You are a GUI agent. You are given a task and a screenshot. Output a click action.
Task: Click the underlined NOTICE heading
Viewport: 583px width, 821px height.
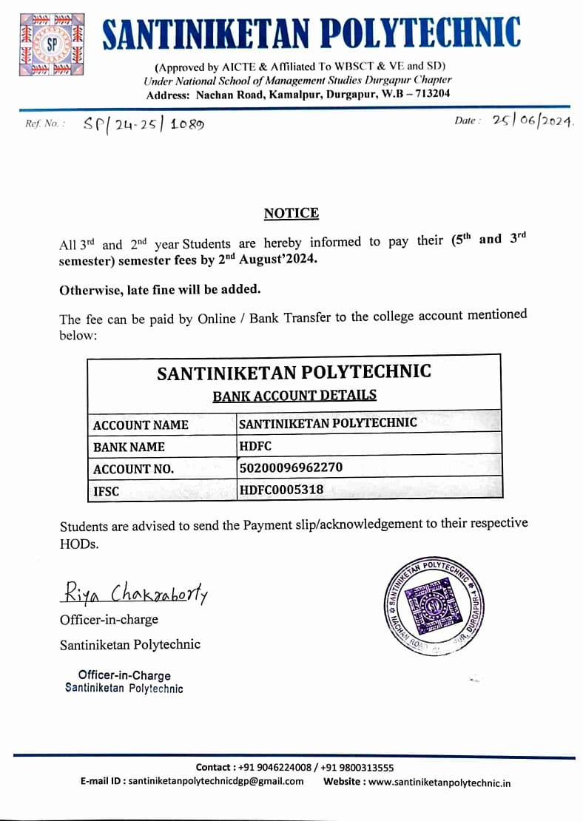[x=291, y=214]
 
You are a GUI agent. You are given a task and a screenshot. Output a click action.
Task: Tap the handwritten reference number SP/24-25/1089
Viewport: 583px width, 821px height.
[x=145, y=124]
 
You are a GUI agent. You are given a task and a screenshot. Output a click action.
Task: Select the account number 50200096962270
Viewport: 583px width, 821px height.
[x=291, y=467]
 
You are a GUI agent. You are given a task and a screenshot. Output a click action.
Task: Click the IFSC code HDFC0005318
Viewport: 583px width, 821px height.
[x=281, y=489]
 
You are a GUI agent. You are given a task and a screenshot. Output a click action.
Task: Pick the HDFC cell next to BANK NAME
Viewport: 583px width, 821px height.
[x=255, y=446]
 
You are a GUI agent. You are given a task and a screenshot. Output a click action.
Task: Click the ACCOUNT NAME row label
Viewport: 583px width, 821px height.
[x=141, y=425]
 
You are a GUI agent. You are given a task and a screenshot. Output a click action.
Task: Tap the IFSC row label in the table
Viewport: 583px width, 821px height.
[x=107, y=490]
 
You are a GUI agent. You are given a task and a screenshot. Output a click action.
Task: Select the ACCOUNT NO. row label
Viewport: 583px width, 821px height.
[x=134, y=469]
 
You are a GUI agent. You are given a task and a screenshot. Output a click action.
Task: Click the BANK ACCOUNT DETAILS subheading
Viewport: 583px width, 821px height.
[x=294, y=396]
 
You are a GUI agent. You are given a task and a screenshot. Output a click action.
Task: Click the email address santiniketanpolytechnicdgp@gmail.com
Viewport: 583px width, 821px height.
[x=216, y=782]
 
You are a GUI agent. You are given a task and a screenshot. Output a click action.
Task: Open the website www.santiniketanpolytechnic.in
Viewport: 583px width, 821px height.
[x=439, y=783]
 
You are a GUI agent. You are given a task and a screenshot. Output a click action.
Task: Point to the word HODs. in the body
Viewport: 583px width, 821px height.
[x=79, y=544]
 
